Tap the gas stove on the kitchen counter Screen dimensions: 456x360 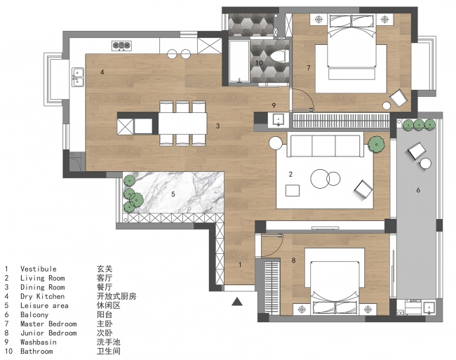[x=122, y=46]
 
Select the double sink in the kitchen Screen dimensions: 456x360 [x=78, y=77]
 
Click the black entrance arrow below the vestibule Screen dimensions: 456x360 [x=237, y=302]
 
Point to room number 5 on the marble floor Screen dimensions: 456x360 [x=173, y=194]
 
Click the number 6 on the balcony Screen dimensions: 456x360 [x=418, y=190]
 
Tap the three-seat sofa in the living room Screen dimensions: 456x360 [x=325, y=145]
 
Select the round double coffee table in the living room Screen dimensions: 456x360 [x=325, y=178]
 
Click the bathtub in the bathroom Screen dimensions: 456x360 [x=239, y=61]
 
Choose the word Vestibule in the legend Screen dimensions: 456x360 [x=39, y=269]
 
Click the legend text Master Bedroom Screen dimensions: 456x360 [x=48, y=324]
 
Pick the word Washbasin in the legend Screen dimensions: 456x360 [x=39, y=342]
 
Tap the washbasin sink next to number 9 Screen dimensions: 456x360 [x=279, y=120]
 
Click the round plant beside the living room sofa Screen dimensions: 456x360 [x=376, y=144]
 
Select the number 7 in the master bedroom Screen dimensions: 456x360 [x=309, y=68]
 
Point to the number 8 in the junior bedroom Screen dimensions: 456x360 [x=293, y=260]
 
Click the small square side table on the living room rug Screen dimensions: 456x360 [x=293, y=190]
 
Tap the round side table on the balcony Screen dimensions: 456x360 [x=425, y=164]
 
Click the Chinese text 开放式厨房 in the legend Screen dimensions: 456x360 [x=116, y=296]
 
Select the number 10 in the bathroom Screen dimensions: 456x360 [x=259, y=63]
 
